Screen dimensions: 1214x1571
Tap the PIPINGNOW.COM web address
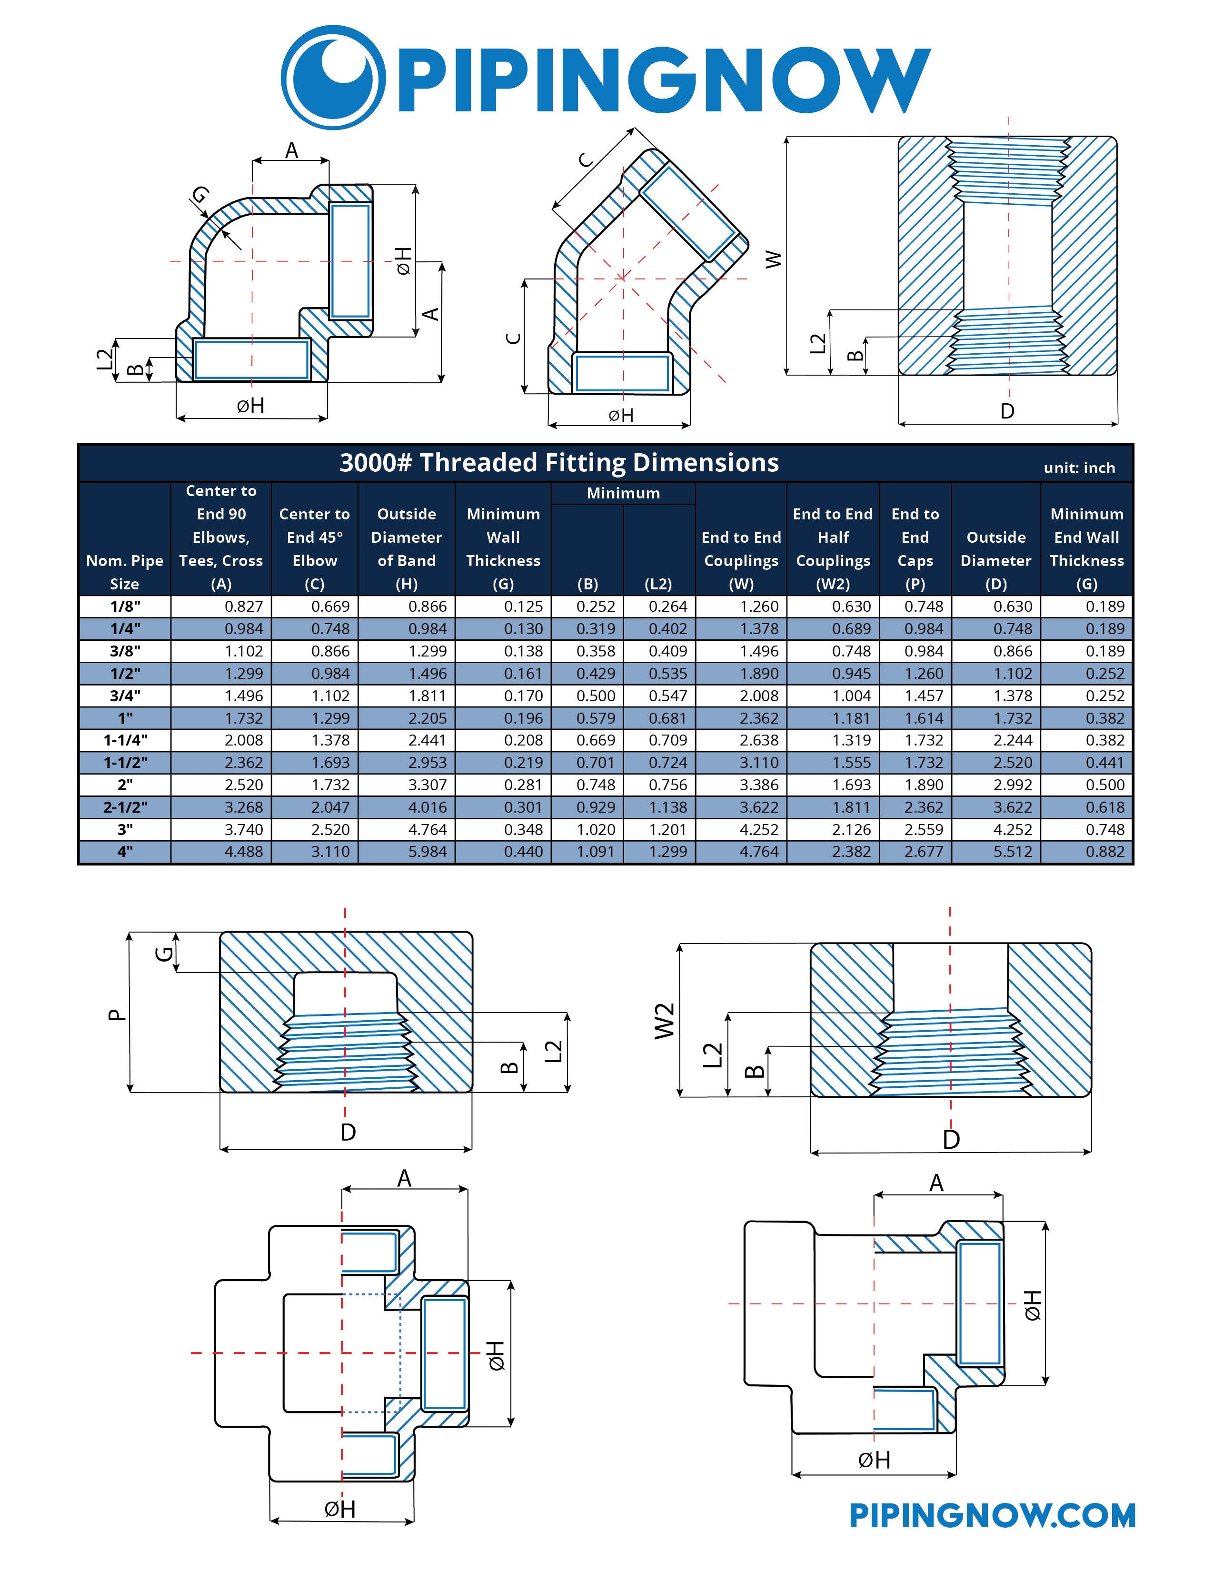click(993, 1516)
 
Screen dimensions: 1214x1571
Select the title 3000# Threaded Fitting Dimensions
click(559, 463)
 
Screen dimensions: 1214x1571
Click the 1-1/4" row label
click(125, 740)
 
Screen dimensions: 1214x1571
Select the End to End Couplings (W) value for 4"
click(759, 852)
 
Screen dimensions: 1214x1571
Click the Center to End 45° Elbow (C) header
click(314, 549)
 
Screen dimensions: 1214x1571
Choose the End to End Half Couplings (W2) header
click(833, 549)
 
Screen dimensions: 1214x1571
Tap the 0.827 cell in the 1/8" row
click(244, 607)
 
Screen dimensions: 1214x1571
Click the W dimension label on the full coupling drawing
click(773, 259)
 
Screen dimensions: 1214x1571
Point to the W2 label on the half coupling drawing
click(665, 1020)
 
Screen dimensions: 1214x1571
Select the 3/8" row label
click(125, 651)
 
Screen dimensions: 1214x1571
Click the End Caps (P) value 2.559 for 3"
click(924, 829)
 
